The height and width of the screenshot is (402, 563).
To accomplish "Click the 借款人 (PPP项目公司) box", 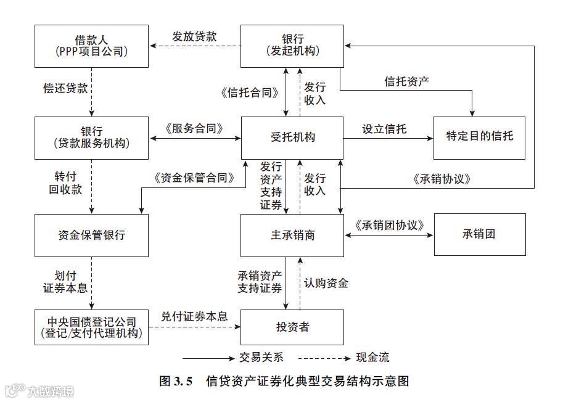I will (91, 46).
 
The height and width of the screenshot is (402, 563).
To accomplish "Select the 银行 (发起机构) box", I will (292, 46).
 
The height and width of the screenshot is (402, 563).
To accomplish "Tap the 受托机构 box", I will (292, 137).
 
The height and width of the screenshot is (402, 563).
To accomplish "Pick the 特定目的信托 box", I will (479, 137).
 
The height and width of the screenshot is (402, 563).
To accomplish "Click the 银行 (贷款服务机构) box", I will (91, 137).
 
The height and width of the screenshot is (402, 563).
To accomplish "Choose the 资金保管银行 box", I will (91, 235).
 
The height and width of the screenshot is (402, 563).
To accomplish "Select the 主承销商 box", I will (292, 235).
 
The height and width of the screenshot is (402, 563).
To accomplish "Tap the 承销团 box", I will (479, 235).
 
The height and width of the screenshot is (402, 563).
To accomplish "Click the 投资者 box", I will (292, 327).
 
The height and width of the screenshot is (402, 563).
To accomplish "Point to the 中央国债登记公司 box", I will (91, 327).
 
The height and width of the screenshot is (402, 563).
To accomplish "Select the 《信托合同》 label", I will (249, 93).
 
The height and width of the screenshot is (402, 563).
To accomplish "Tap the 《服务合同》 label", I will (194, 128).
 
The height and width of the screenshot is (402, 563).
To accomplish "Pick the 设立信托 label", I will (384, 129).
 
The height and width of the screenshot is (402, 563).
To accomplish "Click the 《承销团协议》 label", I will (388, 225).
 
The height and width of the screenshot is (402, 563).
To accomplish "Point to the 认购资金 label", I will (326, 283).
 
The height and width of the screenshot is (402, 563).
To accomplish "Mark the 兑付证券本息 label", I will (194, 316).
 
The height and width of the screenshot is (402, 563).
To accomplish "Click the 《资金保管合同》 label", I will (194, 179).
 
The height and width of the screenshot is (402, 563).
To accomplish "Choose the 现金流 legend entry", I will (372, 358).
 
